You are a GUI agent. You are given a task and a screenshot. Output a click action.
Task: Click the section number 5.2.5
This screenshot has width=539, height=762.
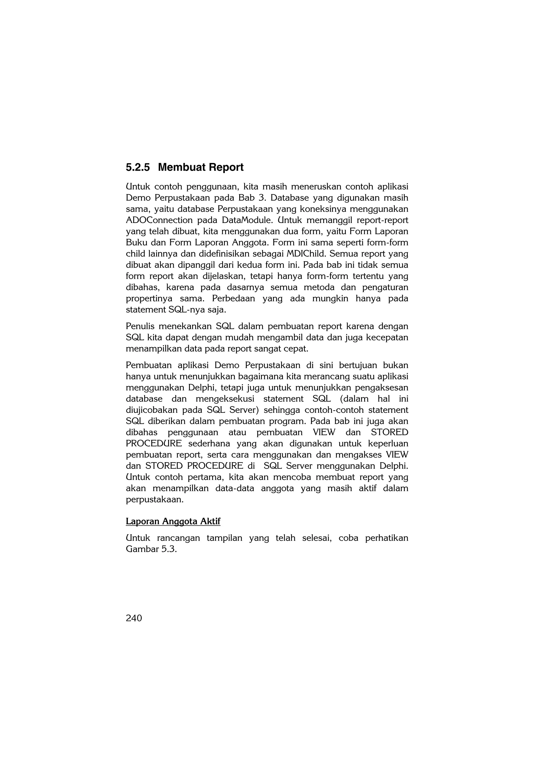(137, 167)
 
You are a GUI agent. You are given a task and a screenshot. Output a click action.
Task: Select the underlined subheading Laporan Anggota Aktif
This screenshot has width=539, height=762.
(173, 521)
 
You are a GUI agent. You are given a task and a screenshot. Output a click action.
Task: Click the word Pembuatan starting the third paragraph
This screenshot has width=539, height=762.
(148, 365)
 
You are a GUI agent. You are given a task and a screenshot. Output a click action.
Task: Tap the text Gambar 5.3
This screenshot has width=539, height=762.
(151, 549)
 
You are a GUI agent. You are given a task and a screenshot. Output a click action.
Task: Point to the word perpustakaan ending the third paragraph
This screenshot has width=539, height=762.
(154, 500)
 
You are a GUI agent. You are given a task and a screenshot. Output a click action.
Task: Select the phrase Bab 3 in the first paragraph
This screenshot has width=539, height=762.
(252, 198)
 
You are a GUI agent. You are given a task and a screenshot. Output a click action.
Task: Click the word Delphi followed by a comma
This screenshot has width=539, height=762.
(202, 388)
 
